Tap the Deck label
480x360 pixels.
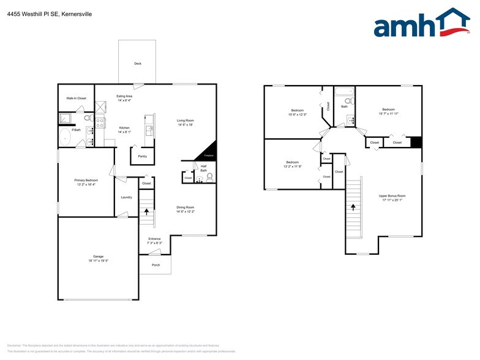137,63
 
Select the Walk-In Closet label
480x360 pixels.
76,98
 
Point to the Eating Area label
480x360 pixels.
125,96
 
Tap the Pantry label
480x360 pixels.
142,156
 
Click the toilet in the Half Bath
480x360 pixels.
209,178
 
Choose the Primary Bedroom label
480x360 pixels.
86,180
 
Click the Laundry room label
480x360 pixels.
126,197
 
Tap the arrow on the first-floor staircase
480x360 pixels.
146,212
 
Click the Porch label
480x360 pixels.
156,265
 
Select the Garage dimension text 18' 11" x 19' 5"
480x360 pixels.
98,261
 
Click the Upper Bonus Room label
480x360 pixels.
392,196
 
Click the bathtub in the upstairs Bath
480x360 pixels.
344,92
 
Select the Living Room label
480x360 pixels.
185,121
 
